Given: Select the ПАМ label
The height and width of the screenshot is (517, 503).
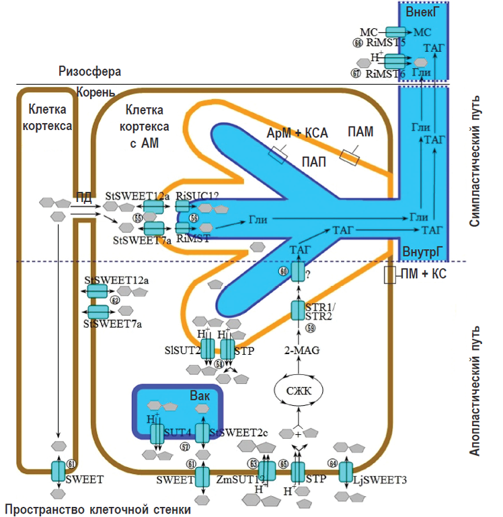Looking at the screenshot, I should [360, 132].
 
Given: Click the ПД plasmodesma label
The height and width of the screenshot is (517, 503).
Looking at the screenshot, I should [84, 197].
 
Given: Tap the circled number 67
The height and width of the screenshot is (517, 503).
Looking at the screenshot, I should [357, 73].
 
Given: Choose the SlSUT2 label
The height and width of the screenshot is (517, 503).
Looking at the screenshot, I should [186, 349].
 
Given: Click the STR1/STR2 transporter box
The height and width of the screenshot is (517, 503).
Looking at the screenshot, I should [298, 311].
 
